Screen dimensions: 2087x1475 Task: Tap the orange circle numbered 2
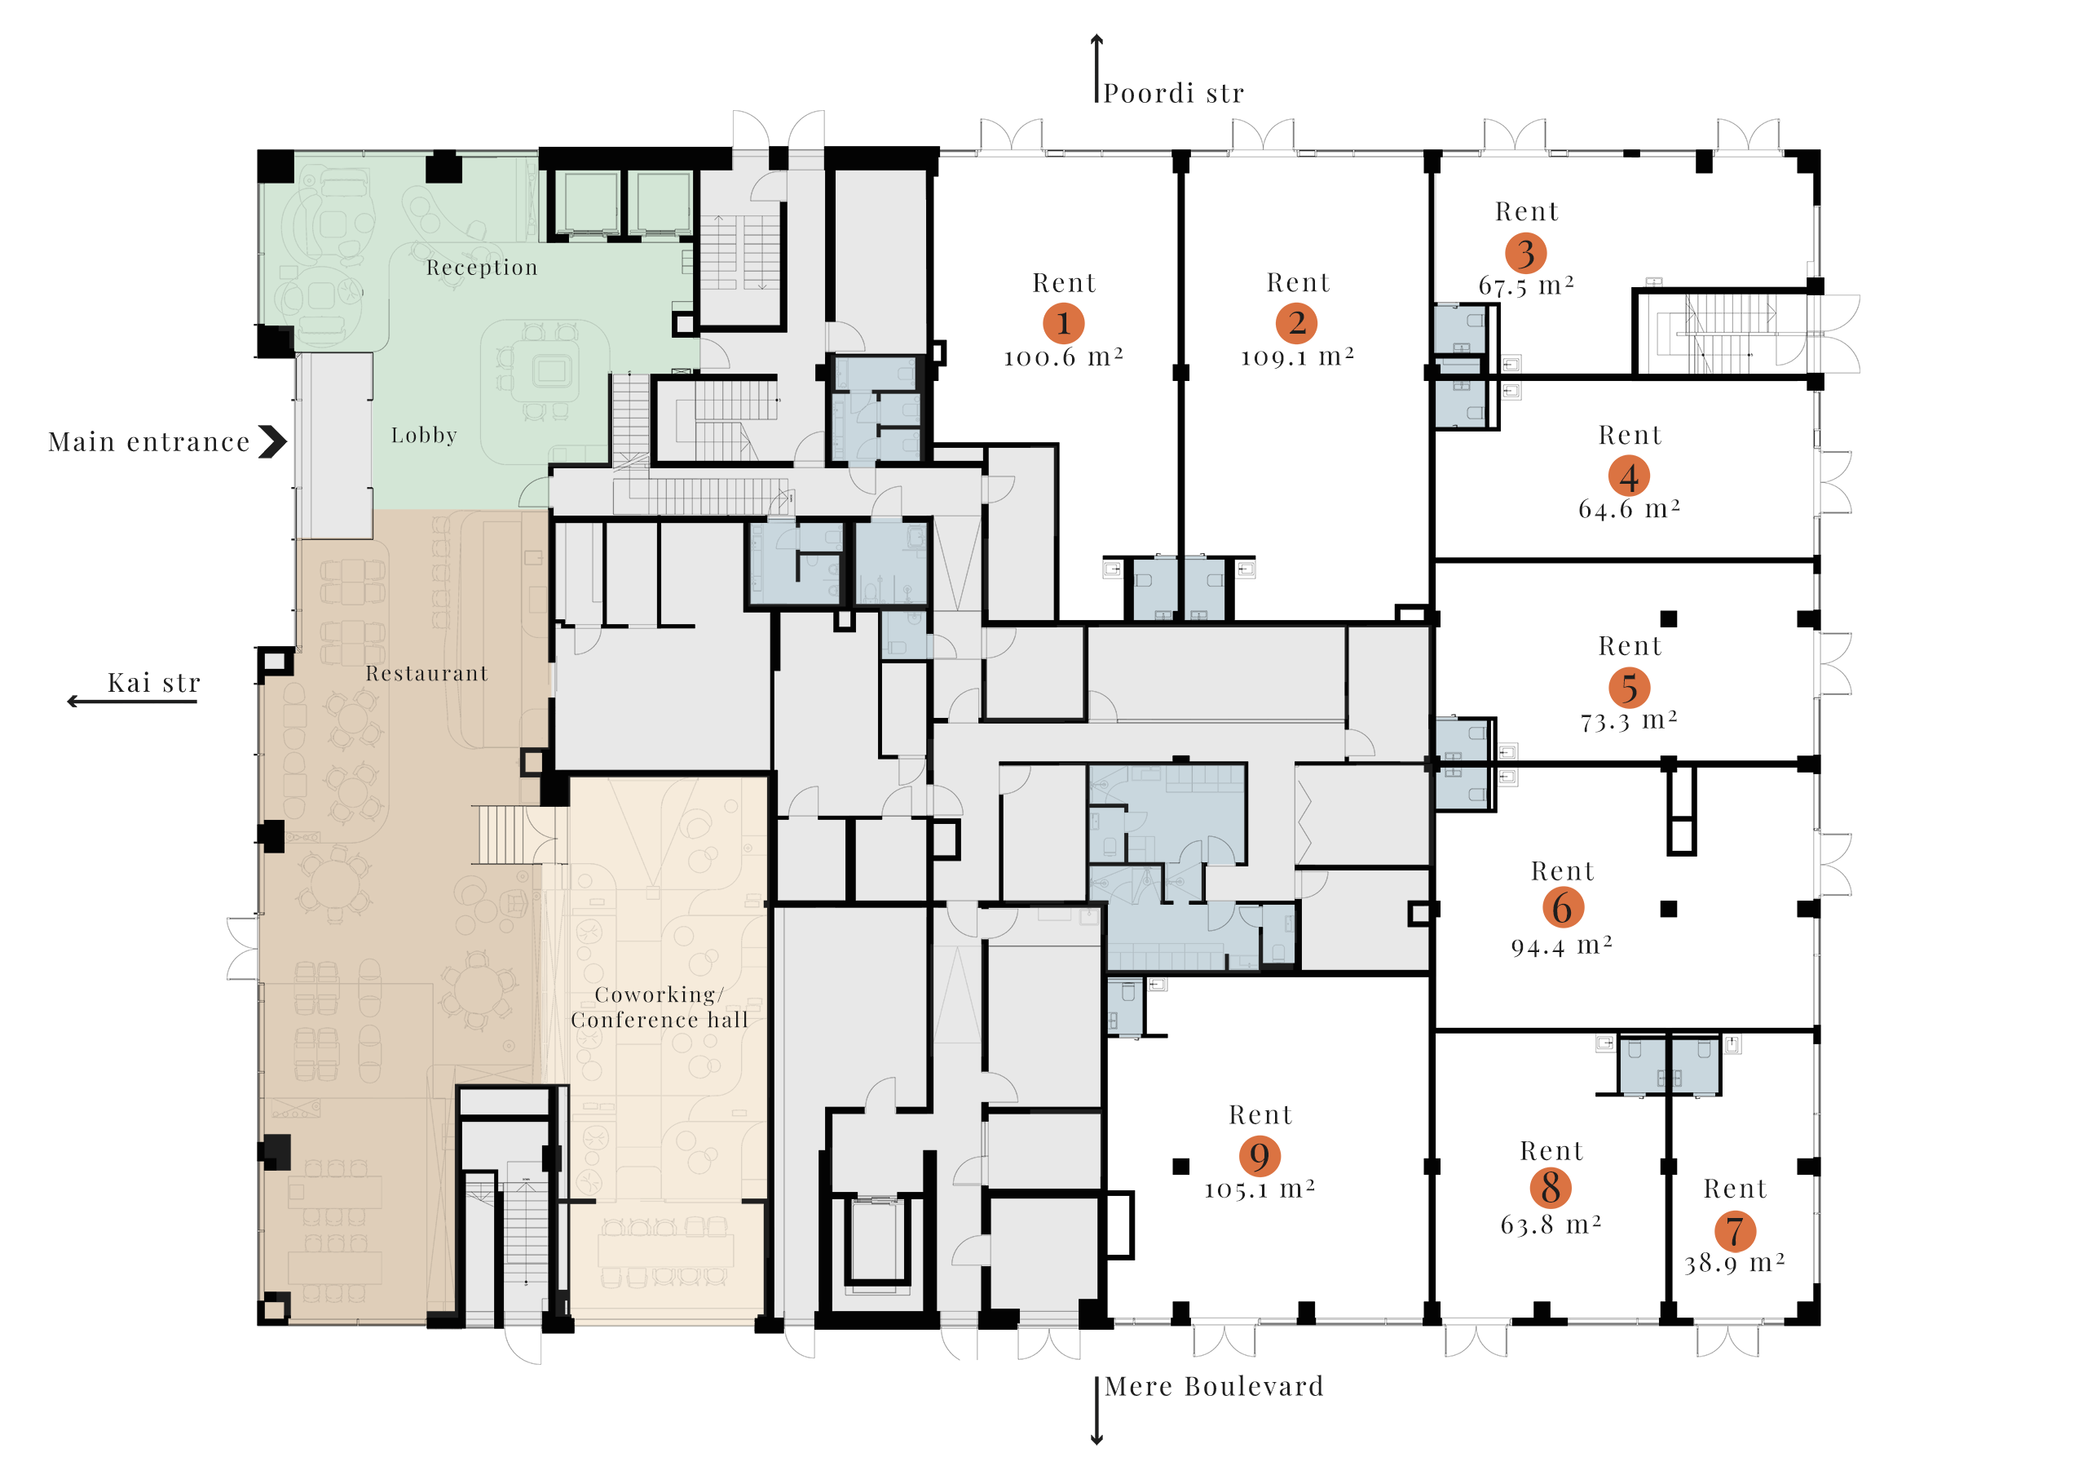coord(1297,323)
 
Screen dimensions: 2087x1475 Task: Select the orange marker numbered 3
coord(1526,253)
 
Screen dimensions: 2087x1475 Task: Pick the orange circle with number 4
coord(1629,476)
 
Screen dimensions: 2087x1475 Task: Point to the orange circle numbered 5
coord(1630,689)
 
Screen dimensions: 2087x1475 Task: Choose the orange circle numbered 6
coord(1563,907)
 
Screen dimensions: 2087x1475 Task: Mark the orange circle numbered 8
coord(1551,1188)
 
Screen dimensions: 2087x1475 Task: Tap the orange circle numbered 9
coord(1260,1157)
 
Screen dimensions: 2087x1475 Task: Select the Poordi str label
coord(1173,94)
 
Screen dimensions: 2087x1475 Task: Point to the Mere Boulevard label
coord(1215,1387)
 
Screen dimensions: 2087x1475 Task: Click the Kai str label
coord(153,683)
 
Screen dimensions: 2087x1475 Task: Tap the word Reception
coord(482,268)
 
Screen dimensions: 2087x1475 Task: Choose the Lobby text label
coord(424,436)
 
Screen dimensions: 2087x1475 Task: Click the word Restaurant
coord(427,674)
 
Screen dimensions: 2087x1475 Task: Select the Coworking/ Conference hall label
coord(659,1008)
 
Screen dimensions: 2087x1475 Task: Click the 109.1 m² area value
coord(1298,357)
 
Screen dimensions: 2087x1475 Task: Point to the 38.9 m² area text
coord(1736,1263)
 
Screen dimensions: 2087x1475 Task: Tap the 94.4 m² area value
coord(1562,946)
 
